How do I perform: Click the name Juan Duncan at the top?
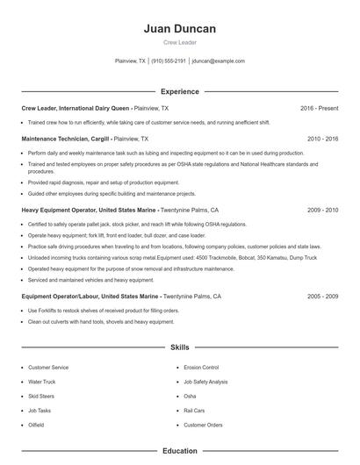click(179, 29)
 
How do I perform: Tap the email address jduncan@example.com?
click(218, 61)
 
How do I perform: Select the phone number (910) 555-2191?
click(169, 61)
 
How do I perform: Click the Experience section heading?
click(179, 91)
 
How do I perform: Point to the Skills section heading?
click(179, 347)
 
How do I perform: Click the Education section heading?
click(179, 451)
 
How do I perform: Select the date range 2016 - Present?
click(319, 108)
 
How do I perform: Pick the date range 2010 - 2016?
click(322, 139)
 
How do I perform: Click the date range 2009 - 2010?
click(322, 211)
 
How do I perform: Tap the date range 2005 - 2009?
click(322, 297)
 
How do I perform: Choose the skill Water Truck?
click(41, 382)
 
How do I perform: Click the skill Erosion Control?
click(201, 368)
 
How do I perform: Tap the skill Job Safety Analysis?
click(205, 382)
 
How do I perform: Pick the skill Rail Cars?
click(194, 411)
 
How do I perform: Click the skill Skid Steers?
click(41, 397)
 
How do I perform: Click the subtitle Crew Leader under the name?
click(179, 43)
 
